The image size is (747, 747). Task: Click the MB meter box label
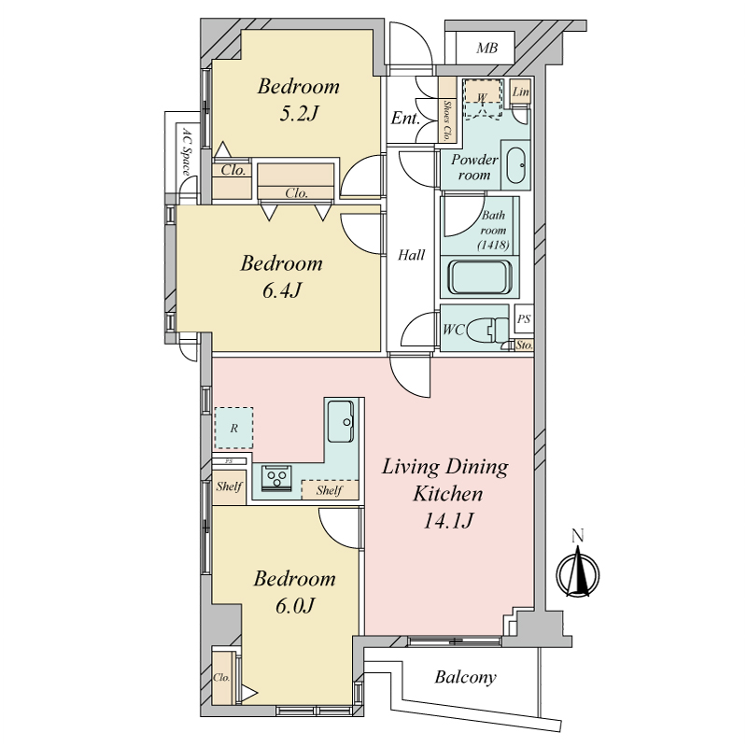click(x=486, y=48)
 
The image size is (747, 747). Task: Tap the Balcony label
click(x=465, y=677)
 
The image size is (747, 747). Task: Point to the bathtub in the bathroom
click(x=480, y=277)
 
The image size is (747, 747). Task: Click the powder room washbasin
click(x=516, y=165)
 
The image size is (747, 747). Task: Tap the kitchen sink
click(x=341, y=421)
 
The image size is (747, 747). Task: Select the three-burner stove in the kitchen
click(x=275, y=478)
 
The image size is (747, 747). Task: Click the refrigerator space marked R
click(x=233, y=428)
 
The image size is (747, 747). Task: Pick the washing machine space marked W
click(x=483, y=98)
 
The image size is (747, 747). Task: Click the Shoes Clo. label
click(x=447, y=120)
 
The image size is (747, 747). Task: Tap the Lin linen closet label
click(x=521, y=92)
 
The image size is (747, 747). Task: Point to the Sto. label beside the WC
click(x=524, y=345)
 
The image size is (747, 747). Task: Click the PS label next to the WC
click(x=524, y=318)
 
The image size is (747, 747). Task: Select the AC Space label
click(x=187, y=151)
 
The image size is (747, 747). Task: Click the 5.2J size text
click(x=298, y=113)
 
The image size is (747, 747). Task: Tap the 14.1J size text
click(x=448, y=521)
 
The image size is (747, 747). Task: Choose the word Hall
click(x=411, y=255)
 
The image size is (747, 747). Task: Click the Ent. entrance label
click(x=405, y=118)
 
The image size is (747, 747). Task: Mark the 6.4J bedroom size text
click(x=282, y=289)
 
